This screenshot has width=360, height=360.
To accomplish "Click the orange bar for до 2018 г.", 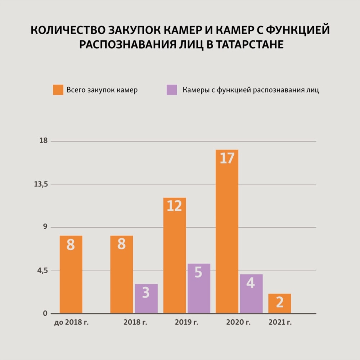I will (x=71, y=274).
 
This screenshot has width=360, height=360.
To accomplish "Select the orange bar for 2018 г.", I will (x=122, y=274).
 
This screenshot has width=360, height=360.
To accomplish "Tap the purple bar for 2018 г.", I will (x=146, y=298).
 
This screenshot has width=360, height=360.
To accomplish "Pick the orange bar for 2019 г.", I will (x=175, y=255).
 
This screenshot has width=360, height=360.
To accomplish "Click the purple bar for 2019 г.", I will (x=199, y=288).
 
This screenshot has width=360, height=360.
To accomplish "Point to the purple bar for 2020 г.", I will (x=251, y=294).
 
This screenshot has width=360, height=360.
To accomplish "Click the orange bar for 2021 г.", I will (x=279, y=303).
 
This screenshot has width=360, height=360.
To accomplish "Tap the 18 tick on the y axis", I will (x=44, y=141).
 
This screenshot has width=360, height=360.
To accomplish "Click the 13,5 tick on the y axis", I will (x=41, y=184).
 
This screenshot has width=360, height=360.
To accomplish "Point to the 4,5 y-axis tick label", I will (x=42, y=270).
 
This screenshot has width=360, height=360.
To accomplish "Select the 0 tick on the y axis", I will (x=45, y=313).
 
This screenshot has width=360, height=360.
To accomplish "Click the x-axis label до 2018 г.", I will (x=71, y=322).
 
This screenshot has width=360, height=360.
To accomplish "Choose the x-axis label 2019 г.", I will (x=186, y=322).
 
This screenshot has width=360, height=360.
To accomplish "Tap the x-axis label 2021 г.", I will (x=280, y=322).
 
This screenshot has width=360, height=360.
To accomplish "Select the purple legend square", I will (x=171, y=90).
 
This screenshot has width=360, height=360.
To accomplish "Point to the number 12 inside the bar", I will (x=174, y=206).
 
